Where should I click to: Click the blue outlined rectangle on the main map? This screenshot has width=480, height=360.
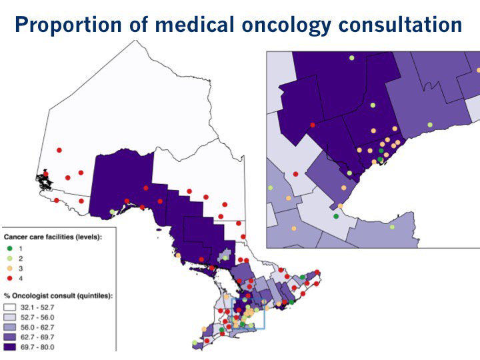click(248, 313)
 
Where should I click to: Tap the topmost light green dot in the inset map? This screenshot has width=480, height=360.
click(351, 59)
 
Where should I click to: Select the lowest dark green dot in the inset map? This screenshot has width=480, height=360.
click(336, 216)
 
